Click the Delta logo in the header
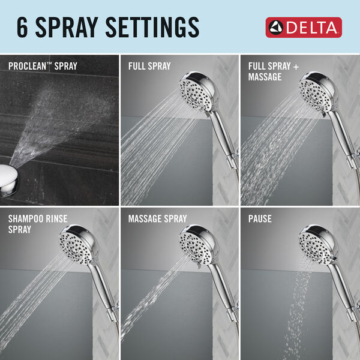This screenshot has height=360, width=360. pos(304,27)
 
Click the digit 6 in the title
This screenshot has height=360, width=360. pos(24,27)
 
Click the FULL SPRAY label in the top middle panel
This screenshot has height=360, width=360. pos(149,65)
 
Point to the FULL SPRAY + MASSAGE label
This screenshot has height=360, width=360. pos(269,71)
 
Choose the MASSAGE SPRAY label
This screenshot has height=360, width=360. pos(157,219)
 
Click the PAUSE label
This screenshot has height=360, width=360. pos(260,219)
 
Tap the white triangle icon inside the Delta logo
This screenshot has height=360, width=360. pos(277,27)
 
